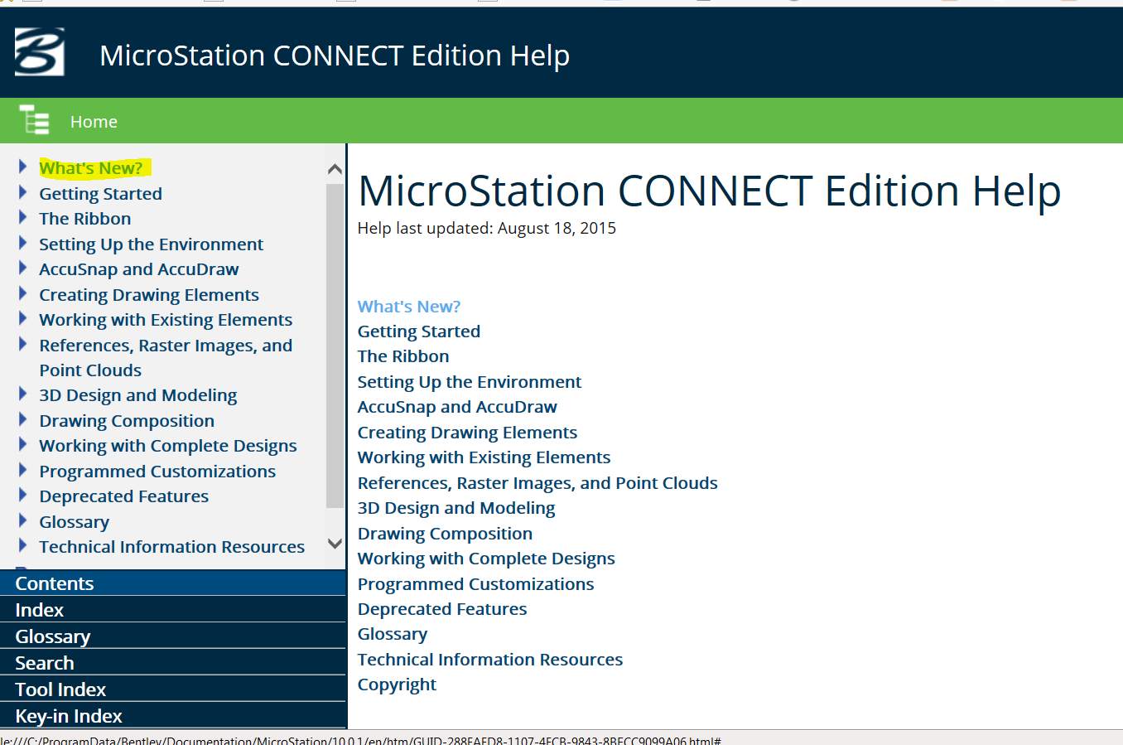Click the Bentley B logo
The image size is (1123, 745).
point(40,52)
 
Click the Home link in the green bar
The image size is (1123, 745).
point(94,122)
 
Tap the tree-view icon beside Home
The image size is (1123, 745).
point(34,119)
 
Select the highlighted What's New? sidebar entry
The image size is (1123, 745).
point(91,168)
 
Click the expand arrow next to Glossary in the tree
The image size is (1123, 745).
point(22,520)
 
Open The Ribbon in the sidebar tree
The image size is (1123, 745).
point(85,219)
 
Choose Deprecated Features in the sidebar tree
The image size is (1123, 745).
point(124,496)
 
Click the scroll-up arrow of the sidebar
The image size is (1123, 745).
point(335,169)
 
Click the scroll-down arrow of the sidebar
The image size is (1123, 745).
point(335,543)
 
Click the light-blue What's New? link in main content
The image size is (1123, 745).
point(408,306)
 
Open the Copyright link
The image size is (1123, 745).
point(397,685)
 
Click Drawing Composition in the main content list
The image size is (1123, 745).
point(445,534)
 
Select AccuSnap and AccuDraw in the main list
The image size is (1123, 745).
point(457,407)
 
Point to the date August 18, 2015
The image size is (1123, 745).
point(557,228)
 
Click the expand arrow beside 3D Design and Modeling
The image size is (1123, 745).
point(22,394)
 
